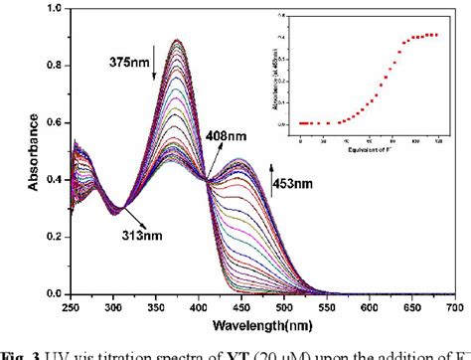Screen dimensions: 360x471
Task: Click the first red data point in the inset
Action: pyautogui.click(x=300, y=123)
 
